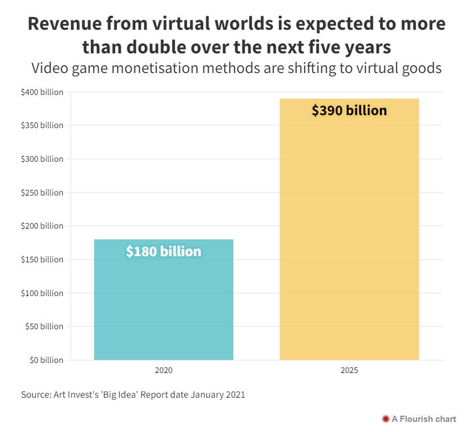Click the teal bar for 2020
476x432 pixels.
[163, 303]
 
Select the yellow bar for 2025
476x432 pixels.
[349, 236]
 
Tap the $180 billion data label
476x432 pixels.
[163, 251]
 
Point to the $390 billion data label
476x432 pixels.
[349, 110]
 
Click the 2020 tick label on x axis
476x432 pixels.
[163, 371]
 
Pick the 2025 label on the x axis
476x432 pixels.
[349, 371]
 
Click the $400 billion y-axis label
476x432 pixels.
[42, 92]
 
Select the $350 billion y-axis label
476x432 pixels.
[42, 125]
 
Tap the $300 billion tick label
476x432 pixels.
[42, 159]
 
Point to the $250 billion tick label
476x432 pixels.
[42, 193]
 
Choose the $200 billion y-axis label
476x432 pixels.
[42, 226]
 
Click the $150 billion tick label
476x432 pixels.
[42, 260]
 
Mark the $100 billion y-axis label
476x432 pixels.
[42, 293]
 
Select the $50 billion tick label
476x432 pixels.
[44, 326]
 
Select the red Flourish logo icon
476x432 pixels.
[386, 419]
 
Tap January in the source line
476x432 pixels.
[208, 394]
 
